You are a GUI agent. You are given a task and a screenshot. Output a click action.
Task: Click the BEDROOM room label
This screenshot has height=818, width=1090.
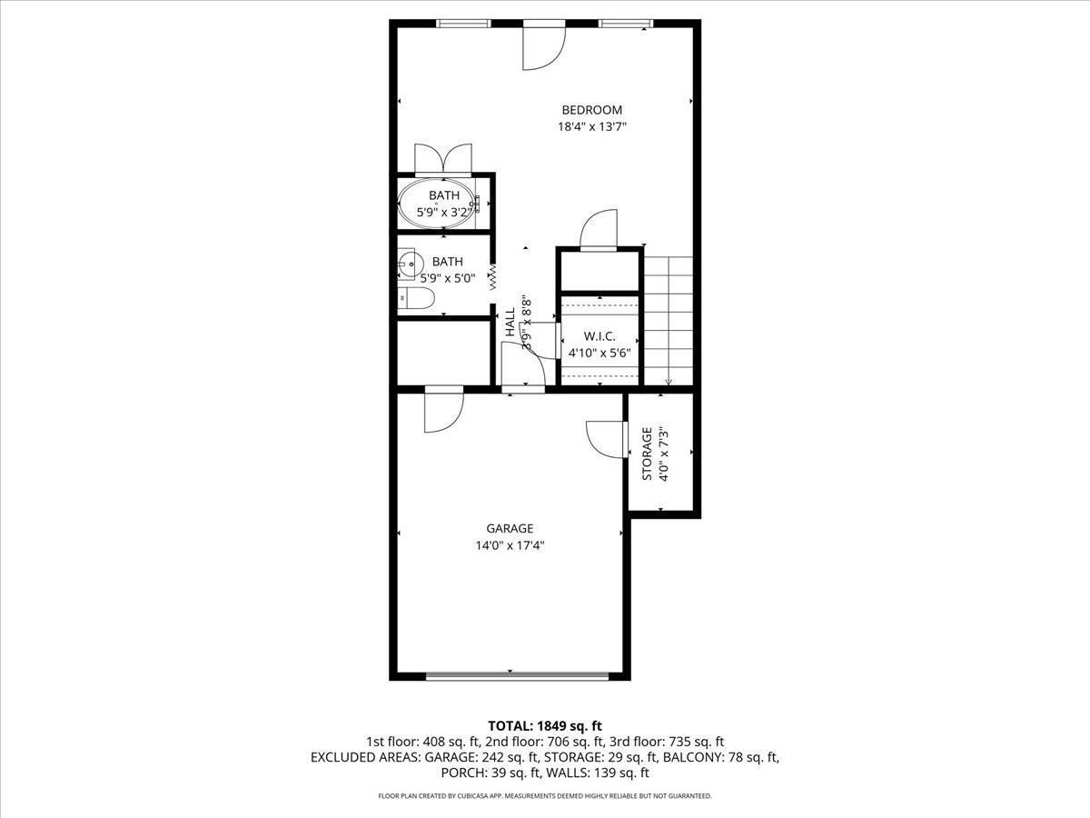(591, 110)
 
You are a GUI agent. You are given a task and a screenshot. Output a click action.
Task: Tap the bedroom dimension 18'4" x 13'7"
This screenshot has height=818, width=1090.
(591, 127)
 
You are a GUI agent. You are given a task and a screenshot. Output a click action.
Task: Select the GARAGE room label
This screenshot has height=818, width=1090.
(509, 528)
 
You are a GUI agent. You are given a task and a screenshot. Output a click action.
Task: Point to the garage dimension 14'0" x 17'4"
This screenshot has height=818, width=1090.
(509, 545)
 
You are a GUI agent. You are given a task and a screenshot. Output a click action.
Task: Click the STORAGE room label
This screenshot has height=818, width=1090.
(647, 454)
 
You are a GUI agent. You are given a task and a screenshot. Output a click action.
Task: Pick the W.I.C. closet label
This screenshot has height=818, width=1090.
(599, 335)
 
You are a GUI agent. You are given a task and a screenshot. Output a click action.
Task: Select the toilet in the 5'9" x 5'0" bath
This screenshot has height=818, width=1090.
(419, 298)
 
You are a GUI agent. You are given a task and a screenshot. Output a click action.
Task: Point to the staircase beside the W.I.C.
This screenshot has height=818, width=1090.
(668, 318)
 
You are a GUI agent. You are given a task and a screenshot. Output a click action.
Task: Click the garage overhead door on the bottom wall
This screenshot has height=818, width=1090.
(517, 676)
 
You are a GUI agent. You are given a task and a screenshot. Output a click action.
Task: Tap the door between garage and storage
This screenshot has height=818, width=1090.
(607, 439)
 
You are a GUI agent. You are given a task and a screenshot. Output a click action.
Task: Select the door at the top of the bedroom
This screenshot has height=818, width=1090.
(543, 45)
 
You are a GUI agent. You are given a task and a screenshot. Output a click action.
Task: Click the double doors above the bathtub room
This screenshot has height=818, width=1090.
(443, 158)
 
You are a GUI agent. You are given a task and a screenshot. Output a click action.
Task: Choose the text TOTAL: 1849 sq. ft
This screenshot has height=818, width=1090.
(545, 725)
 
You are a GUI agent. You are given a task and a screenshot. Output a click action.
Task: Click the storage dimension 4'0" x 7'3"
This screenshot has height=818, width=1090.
(663, 454)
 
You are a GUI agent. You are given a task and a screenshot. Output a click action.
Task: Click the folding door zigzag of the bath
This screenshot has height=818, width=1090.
(493, 274)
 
